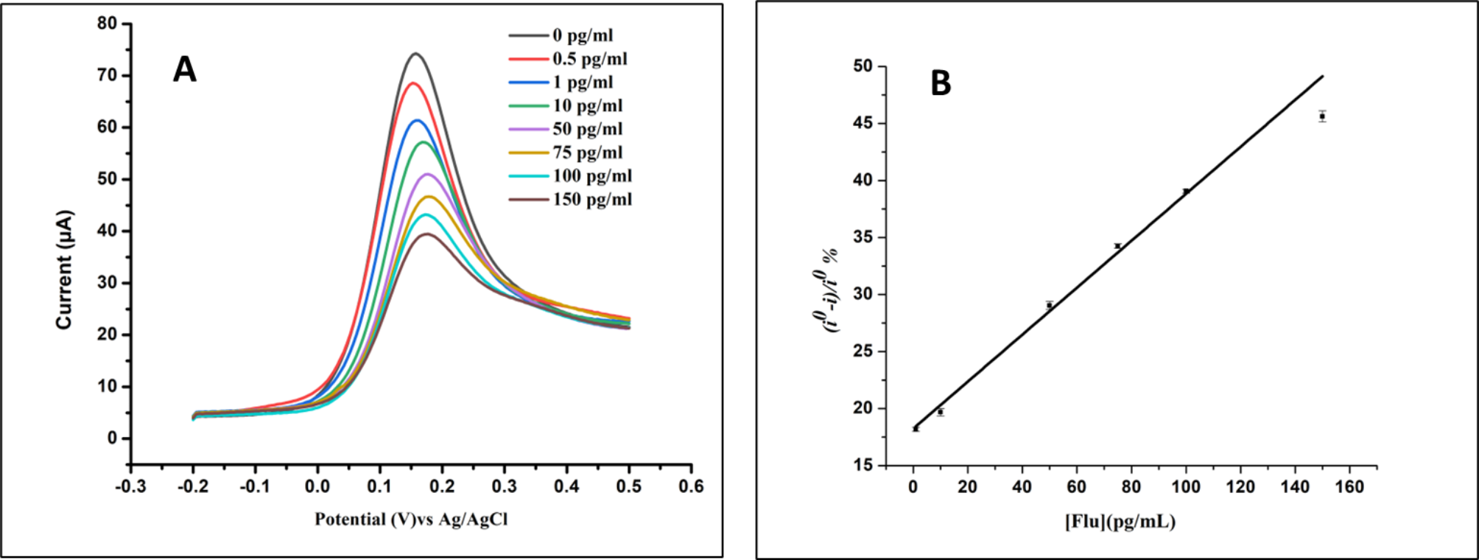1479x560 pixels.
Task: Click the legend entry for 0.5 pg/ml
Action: pyautogui.click(x=589, y=59)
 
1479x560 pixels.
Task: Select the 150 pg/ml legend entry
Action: pyautogui.click(x=591, y=200)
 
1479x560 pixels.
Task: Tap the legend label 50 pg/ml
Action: pyautogui.click(x=587, y=130)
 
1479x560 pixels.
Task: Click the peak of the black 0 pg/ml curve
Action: pyautogui.click(x=415, y=54)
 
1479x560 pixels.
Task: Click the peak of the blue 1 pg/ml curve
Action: pyautogui.click(x=418, y=120)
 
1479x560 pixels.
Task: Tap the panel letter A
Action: pyautogui.click(x=185, y=71)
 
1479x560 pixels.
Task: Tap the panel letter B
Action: pyautogui.click(x=941, y=84)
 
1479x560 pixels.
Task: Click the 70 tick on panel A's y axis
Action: pyautogui.click(x=108, y=75)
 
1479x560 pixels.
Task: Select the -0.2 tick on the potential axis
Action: pyautogui.click(x=193, y=486)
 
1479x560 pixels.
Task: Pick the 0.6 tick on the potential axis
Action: pyautogui.click(x=691, y=486)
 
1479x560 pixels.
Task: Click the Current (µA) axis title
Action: pyautogui.click(x=65, y=270)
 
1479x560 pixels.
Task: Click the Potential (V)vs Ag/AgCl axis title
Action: pyautogui.click(x=411, y=519)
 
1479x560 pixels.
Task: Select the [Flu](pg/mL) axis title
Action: pyautogui.click(x=1120, y=522)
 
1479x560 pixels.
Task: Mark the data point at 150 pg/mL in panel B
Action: pyautogui.click(x=1323, y=116)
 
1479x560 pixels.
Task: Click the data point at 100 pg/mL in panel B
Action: pyautogui.click(x=1186, y=192)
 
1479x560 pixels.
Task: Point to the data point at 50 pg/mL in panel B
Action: pyautogui.click(x=1050, y=305)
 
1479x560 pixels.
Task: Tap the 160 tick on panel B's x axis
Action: pyautogui.click(x=1349, y=486)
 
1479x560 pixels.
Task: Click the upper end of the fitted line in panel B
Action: pyautogui.click(x=1323, y=76)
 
